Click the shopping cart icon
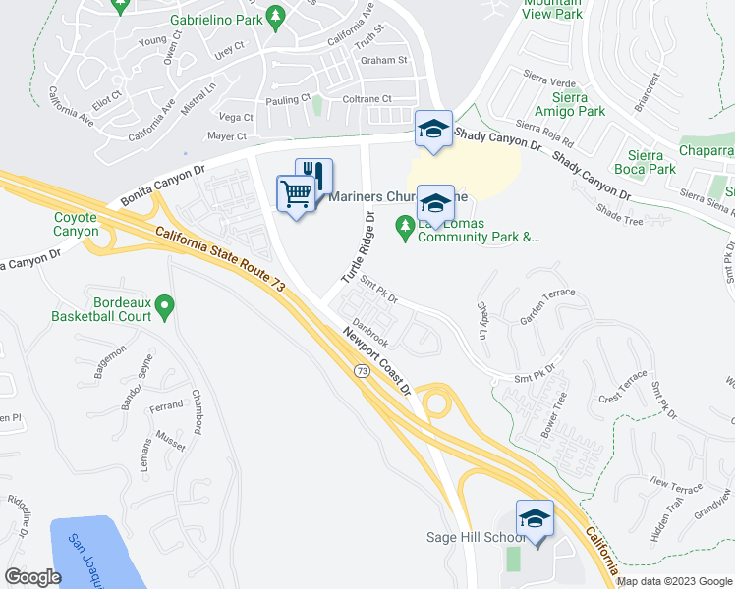click(x=296, y=193)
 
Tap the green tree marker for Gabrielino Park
click(x=276, y=16)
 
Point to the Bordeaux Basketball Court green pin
click(x=166, y=309)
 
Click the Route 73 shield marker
click(x=363, y=370)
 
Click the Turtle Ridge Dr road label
click(x=358, y=247)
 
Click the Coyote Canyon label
click(x=76, y=224)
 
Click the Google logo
click(x=32, y=577)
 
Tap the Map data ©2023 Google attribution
click(x=675, y=581)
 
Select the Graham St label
click(x=383, y=60)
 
